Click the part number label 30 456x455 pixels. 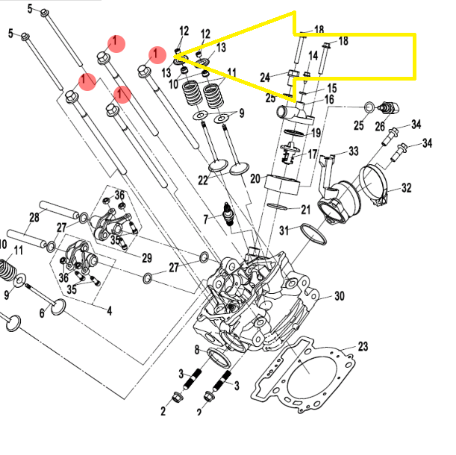(339, 296)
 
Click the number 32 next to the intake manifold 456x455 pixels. (406, 188)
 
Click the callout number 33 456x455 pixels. (354, 151)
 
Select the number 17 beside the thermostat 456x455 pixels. (313, 154)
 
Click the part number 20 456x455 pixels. (254, 179)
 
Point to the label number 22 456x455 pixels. (203, 181)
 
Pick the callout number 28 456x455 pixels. (34, 217)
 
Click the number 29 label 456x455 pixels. (146, 257)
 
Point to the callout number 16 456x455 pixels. (328, 99)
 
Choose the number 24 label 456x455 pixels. (264, 78)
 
